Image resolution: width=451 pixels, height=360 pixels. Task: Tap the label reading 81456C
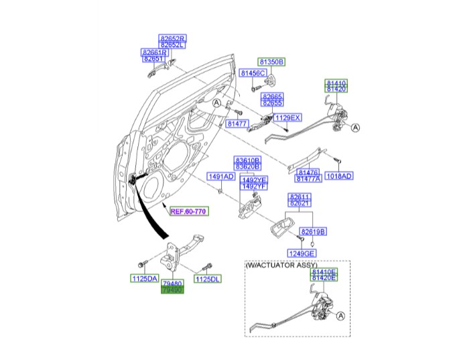(253, 72)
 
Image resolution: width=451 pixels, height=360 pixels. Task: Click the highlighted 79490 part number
(171, 290)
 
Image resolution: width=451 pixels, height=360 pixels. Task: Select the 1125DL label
(207, 278)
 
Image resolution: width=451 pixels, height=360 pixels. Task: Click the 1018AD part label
(339, 176)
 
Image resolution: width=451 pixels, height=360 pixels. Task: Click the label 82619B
(312, 231)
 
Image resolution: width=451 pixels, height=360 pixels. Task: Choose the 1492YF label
(254, 186)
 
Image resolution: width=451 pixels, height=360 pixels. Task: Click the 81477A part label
(308, 179)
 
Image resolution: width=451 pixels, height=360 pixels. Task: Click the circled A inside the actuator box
(340, 316)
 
